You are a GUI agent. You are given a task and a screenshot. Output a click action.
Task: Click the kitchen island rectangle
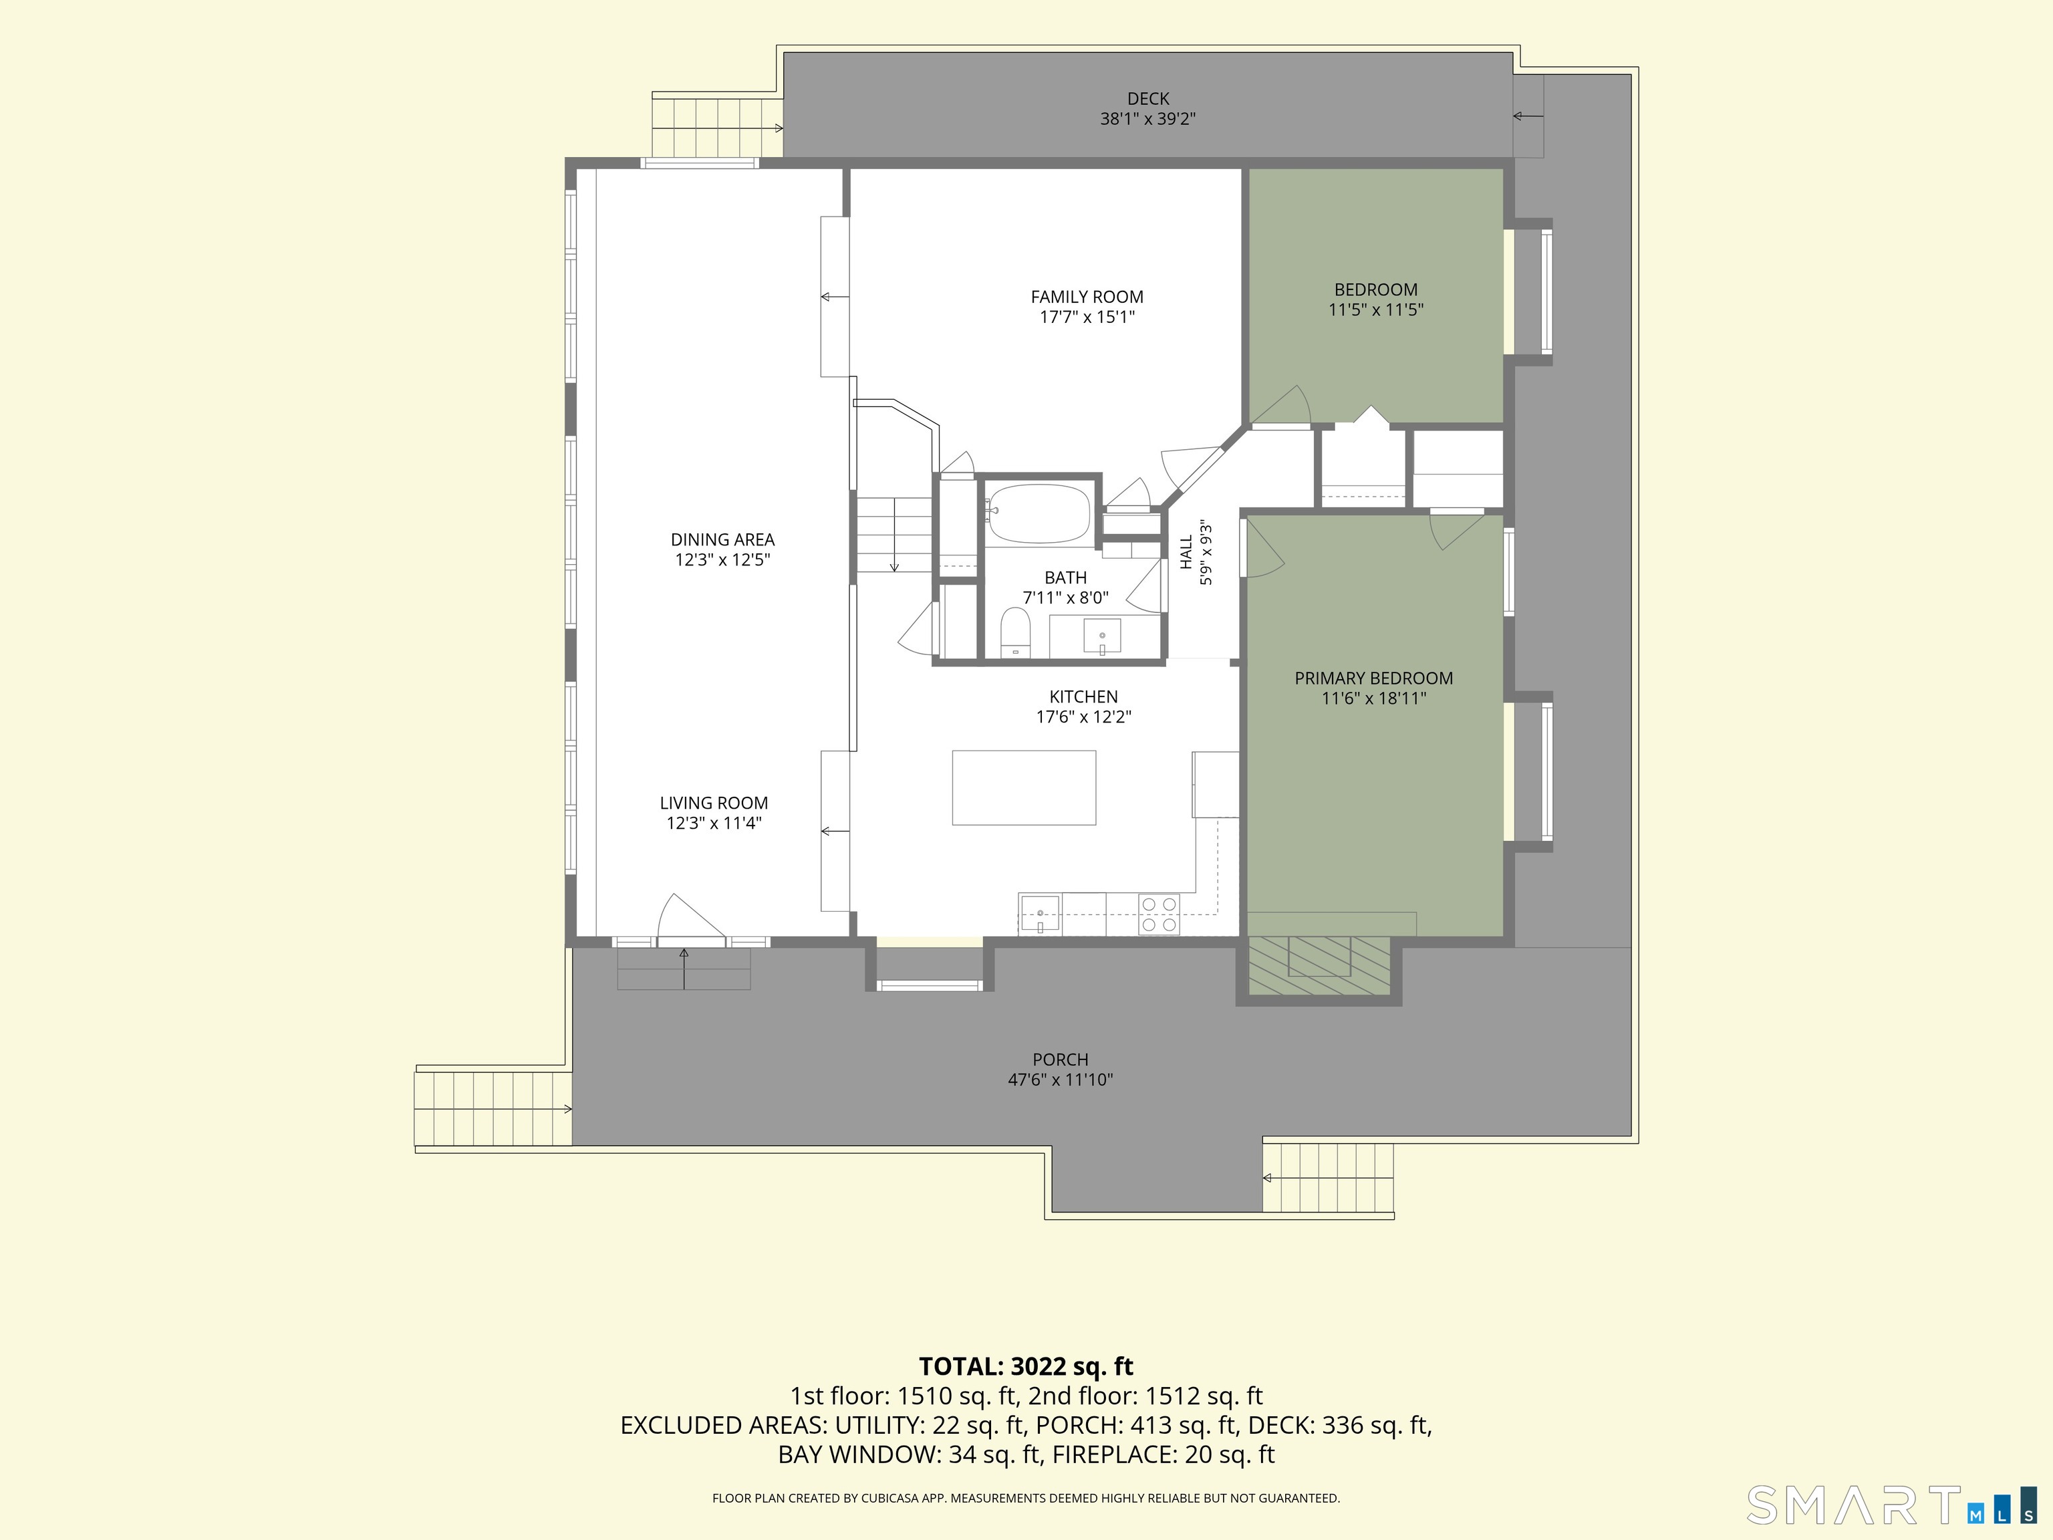[x=1024, y=787]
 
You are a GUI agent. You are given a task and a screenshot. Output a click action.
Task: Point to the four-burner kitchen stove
[x=1159, y=914]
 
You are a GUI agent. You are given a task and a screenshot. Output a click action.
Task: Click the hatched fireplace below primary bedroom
[x=1318, y=965]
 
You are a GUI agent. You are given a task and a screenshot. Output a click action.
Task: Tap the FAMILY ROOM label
[x=1087, y=297]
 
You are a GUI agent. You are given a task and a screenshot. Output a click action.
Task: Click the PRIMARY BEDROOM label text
[x=1373, y=678]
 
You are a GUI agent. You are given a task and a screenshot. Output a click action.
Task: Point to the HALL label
[x=1186, y=552]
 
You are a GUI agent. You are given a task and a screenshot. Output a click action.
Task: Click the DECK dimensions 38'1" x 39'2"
[x=1148, y=119]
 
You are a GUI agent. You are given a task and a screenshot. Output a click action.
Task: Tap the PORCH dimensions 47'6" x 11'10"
[x=1060, y=1079]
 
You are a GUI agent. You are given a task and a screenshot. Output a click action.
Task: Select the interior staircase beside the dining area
[x=893, y=535]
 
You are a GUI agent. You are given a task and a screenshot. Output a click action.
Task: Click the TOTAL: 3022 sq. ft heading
[x=1026, y=1366]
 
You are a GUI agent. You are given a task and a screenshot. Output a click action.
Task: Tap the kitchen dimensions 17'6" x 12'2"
[x=1083, y=717]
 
